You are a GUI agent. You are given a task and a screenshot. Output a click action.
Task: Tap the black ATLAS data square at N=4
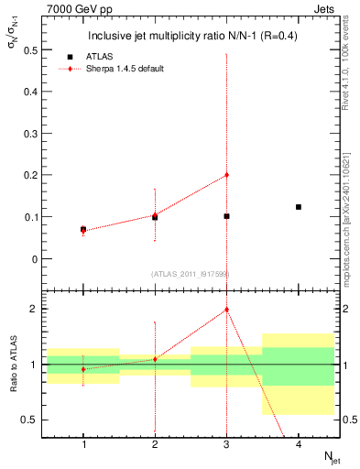[x=299, y=207]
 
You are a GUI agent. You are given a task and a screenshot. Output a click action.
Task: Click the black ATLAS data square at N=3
[x=226, y=216]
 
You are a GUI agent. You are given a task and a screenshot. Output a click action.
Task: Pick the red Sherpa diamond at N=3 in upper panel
[x=226, y=175]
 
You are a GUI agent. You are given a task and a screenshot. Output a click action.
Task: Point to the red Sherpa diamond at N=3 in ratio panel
[x=226, y=310]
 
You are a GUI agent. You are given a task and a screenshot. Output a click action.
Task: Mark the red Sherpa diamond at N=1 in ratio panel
[x=83, y=369]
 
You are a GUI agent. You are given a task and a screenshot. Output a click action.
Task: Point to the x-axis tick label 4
[x=299, y=444]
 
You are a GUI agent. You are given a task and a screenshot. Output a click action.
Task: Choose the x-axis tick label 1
[x=83, y=444]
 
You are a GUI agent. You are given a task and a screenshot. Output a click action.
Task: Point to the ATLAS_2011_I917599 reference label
[x=189, y=274]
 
